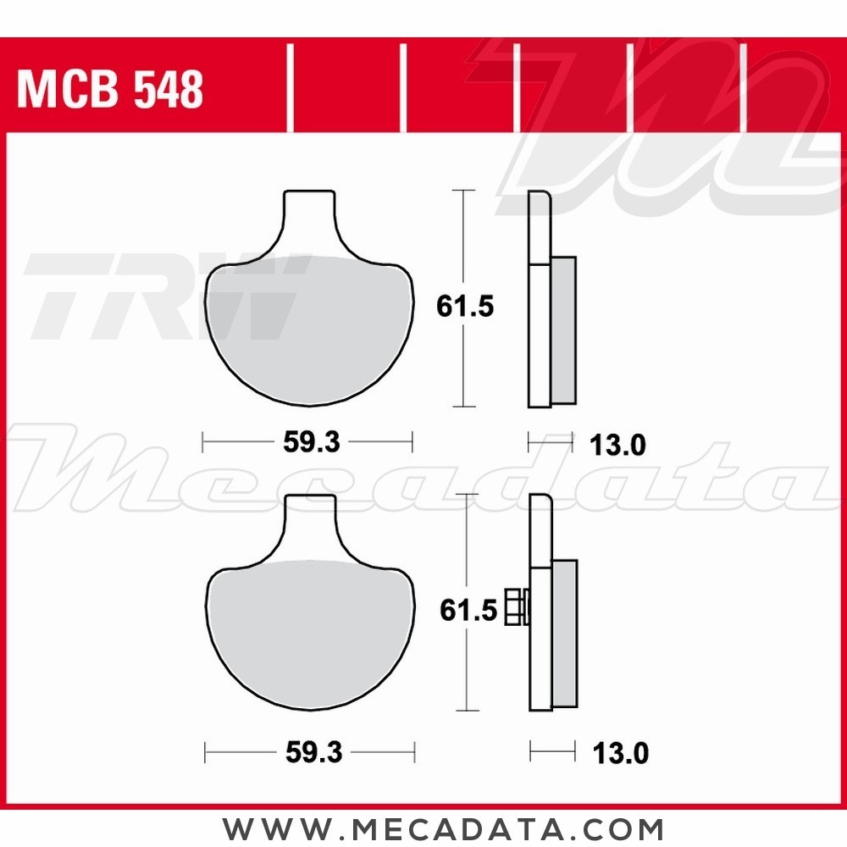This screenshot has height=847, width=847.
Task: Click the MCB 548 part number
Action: pos(110,90)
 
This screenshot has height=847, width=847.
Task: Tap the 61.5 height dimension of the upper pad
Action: pos(465,306)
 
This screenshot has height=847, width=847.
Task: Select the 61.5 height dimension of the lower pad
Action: pos(468,610)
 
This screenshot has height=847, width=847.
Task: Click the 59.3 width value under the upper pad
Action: pos(308,441)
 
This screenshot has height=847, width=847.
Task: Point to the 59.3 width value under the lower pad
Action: pos(313,751)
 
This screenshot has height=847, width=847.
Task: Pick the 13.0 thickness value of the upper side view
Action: pos(617,444)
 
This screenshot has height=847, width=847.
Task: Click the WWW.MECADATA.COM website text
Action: pos(443,828)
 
